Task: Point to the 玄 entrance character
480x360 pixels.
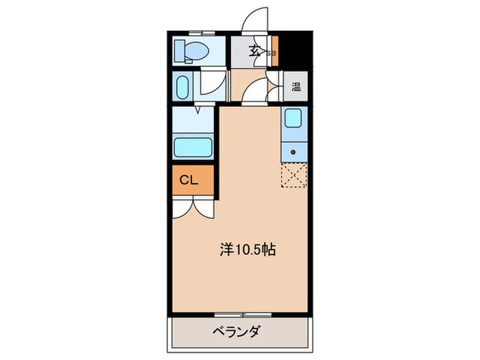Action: click(254, 50)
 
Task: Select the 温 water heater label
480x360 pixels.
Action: click(296, 87)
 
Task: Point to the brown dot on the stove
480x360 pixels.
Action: click(293, 152)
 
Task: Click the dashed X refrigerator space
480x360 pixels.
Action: click(293, 175)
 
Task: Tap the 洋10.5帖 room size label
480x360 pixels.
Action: click(248, 250)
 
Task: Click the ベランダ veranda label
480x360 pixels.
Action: click(235, 333)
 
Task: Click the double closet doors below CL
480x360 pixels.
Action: click(195, 206)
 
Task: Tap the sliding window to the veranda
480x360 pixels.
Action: click(243, 315)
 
